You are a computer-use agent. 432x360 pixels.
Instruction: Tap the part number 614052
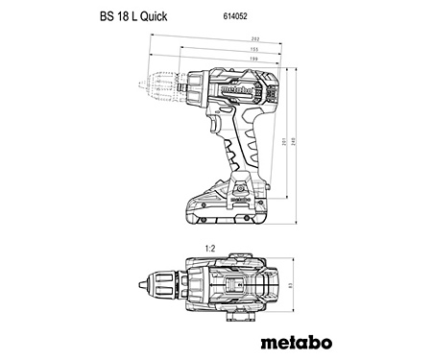click(222, 16)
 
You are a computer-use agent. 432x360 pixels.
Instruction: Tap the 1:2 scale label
click(208, 248)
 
